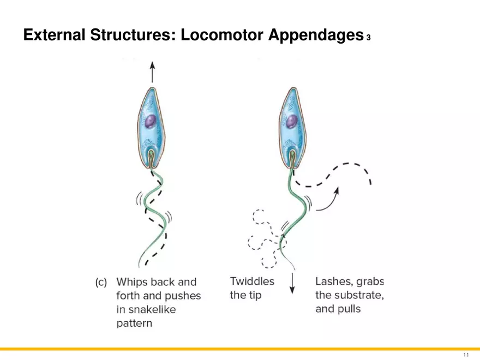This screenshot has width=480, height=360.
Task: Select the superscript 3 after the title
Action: pos(369,38)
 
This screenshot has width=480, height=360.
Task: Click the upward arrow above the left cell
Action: pos(152,71)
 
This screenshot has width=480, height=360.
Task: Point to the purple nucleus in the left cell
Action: pos(152,121)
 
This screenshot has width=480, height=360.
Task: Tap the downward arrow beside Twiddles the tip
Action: pos(292,283)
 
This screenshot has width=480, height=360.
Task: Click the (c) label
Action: pos(101,283)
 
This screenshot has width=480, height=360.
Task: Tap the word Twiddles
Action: pos(252,281)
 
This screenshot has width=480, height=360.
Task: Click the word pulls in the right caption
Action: pos(349,309)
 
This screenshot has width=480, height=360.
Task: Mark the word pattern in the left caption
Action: pos(134,323)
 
